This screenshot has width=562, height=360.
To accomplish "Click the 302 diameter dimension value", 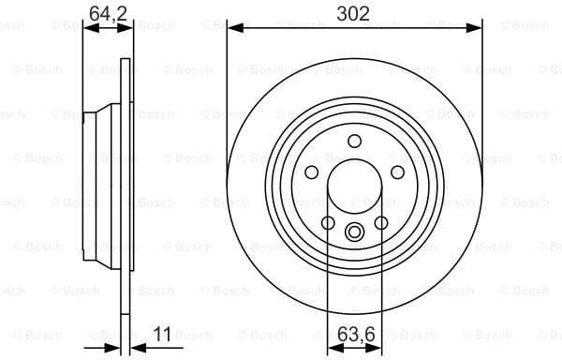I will click(x=354, y=13).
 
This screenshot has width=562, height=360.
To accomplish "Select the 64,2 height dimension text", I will click(x=108, y=13).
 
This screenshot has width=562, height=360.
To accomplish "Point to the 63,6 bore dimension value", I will click(x=354, y=333).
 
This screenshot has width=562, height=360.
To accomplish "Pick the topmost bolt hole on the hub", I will click(x=354, y=141).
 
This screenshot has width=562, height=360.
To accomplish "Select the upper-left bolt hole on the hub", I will click(x=312, y=172).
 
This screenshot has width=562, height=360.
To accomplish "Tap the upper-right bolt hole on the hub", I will click(x=396, y=172).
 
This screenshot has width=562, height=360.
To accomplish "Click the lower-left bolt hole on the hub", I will click(x=328, y=222).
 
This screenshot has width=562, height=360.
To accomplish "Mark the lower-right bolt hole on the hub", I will click(x=380, y=222).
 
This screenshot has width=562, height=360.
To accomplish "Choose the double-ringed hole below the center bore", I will click(x=354, y=232).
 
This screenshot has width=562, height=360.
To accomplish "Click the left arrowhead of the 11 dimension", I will click(x=119, y=349).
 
